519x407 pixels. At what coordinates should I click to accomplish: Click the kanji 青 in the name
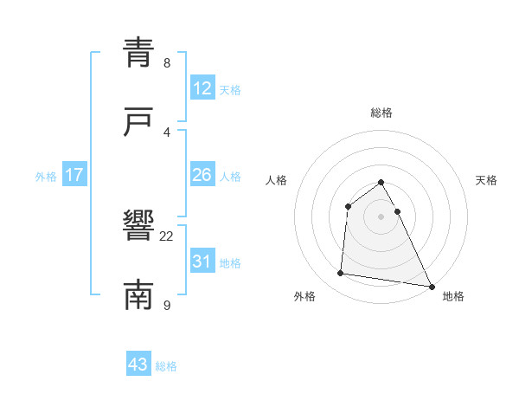coord(138,52)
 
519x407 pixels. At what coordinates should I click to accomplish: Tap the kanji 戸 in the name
coord(138,122)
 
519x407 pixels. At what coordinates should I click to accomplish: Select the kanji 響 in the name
coord(138,227)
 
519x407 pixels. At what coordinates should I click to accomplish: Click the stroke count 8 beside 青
coord(166,63)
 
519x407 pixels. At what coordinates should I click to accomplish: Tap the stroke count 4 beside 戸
coord(166,132)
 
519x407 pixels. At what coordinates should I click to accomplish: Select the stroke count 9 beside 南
coord(166,306)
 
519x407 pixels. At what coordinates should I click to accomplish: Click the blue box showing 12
coord(202,89)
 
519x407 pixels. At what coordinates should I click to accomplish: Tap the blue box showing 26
coord(202,176)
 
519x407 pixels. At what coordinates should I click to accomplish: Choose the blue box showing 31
coord(202,262)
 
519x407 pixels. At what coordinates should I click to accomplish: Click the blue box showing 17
coord(74,176)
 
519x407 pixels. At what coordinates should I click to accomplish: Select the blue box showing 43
coord(138,365)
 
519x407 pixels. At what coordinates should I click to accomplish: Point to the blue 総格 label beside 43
coord(166,366)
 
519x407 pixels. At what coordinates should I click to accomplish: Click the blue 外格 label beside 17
coord(46,177)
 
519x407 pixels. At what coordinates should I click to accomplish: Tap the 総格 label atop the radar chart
coord(381,113)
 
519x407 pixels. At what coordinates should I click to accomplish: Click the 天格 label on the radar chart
coord(487,180)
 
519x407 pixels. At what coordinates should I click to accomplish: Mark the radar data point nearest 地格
coord(432,286)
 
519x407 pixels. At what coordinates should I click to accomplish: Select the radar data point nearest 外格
coord(340,274)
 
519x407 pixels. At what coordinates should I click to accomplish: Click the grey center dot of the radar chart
coord(381,216)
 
